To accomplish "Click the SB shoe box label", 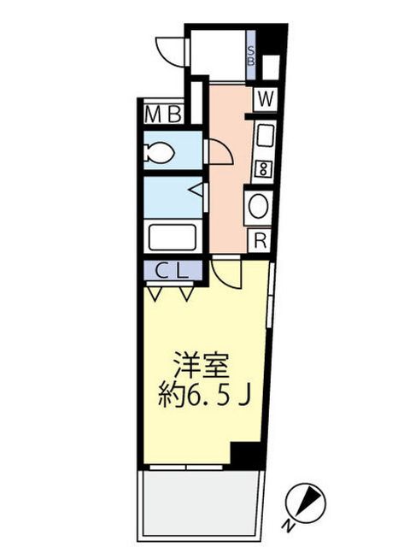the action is click(x=250, y=56).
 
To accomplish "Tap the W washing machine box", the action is click(x=266, y=99).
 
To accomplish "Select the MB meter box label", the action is click(x=163, y=114).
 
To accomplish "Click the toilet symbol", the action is click(x=160, y=152).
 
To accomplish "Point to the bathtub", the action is click(x=173, y=238).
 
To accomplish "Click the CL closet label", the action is click(x=173, y=271).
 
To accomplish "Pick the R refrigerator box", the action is click(x=260, y=241).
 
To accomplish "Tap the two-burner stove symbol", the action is click(x=262, y=169).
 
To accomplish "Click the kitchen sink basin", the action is click(x=265, y=136).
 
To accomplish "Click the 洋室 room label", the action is click(x=202, y=366).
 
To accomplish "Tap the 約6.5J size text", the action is click(x=204, y=397).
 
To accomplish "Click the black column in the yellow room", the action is click(x=246, y=454).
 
